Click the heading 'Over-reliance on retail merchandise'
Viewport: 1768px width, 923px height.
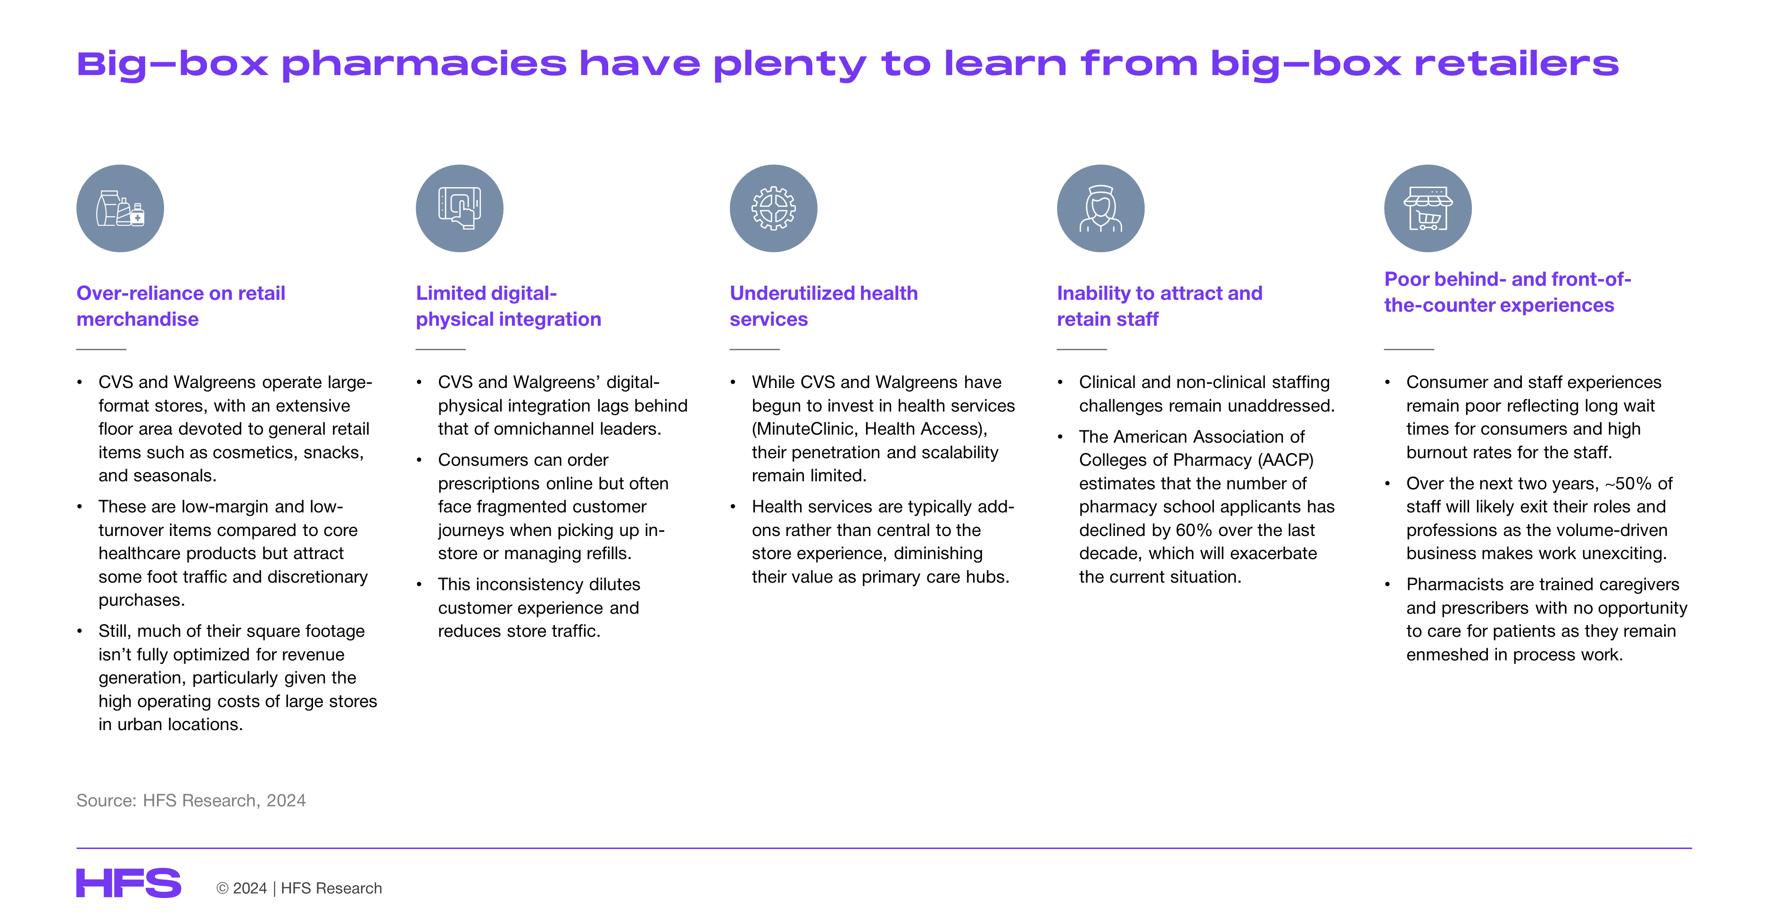click(181, 306)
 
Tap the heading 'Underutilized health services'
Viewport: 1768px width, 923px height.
click(824, 306)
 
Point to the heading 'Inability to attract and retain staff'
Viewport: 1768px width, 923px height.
click(1159, 306)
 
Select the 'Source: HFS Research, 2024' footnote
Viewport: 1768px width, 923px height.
click(191, 800)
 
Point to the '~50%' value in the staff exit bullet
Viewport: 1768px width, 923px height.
click(1628, 483)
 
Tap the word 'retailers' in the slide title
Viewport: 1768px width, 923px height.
click(1516, 63)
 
